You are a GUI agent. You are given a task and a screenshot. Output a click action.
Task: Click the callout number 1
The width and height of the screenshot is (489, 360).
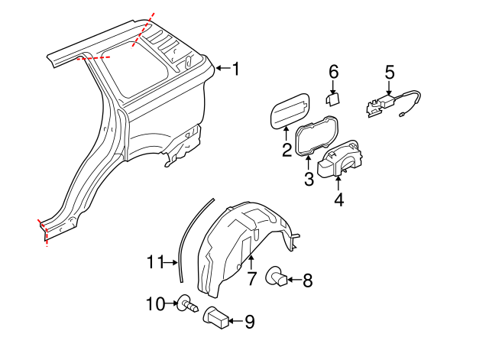pyautogui.click(x=235, y=70)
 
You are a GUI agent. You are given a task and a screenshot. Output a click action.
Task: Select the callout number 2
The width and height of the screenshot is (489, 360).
pyautogui.click(x=287, y=150)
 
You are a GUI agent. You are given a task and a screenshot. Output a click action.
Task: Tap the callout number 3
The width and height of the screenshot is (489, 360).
pyautogui.click(x=309, y=180)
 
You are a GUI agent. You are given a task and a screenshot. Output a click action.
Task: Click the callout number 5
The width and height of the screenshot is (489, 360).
pyautogui.click(x=389, y=73)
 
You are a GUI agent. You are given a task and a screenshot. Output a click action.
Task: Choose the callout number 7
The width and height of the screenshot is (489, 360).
pyautogui.click(x=251, y=279)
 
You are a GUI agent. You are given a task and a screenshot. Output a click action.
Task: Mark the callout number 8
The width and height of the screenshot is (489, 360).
pyautogui.click(x=308, y=281)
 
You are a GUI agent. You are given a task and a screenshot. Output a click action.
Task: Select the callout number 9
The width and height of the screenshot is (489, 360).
pyautogui.click(x=249, y=323)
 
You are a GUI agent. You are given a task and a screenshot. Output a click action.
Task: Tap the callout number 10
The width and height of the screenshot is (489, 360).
pyautogui.click(x=155, y=304)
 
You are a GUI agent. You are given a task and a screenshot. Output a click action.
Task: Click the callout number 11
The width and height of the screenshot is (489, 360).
pyautogui.click(x=156, y=262)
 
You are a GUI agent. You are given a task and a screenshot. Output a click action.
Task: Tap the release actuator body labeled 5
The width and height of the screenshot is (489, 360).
pyautogui.click(x=380, y=104)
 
